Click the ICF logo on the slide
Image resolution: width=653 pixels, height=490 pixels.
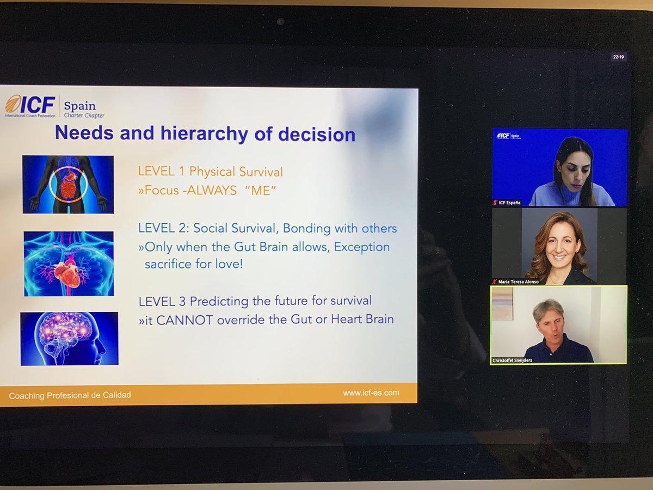tap(30, 106)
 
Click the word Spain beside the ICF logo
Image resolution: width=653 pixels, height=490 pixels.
tap(80, 106)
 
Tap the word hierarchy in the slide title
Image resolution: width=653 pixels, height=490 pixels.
tap(204, 133)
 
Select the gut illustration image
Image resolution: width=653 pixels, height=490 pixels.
tap(68, 185)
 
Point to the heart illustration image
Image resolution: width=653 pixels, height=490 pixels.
tap(69, 264)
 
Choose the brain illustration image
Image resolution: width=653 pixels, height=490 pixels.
tap(69, 339)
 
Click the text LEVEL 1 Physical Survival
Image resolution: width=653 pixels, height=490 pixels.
tap(211, 171)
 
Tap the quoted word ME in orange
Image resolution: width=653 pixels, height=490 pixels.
tap(261, 191)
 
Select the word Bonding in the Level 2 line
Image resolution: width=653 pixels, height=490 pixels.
tap(307, 229)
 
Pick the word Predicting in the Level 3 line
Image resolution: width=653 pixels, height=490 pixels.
tap(219, 302)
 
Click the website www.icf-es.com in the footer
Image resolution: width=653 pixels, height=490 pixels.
tap(371, 393)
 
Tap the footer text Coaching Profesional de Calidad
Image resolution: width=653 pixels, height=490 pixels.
tap(70, 395)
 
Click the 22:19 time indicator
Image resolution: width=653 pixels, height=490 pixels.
tap(618, 57)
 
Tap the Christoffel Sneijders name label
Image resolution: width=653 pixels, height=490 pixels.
tap(512, 360)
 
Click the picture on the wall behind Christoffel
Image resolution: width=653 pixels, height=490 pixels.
tap(502, 304)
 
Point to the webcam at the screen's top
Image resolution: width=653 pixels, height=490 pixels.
tap(280, 21)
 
